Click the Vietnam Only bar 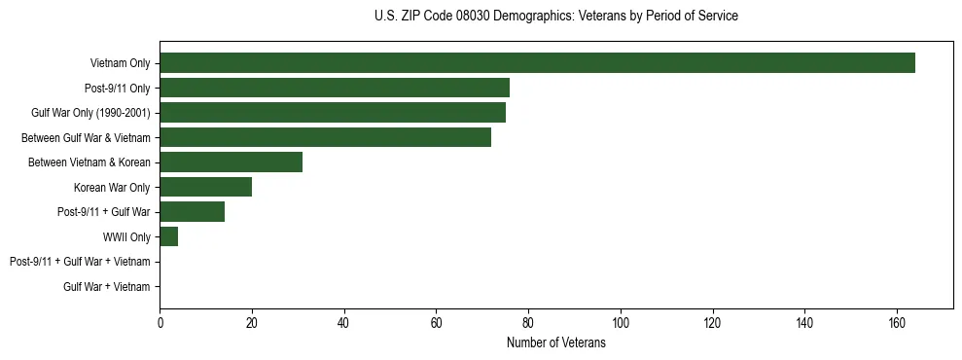(537, 63)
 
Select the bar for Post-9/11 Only (335, 89)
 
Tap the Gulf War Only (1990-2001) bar (333, 113)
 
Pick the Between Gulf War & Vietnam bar (326, 138)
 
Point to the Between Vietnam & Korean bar (232, 162)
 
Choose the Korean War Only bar (206, 188)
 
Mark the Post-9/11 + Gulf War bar (193, 212)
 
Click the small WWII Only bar (169, 237)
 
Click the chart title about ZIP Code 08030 (555, 17)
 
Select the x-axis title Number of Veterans (555, 343)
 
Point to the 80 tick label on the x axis (528, 323)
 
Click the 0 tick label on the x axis (160, 323)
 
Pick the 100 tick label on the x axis (621, 323)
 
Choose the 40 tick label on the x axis (344, 323)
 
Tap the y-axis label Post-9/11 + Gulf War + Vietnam (80, 262)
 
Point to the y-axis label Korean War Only (112, 188)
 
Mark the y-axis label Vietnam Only (120, 63)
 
